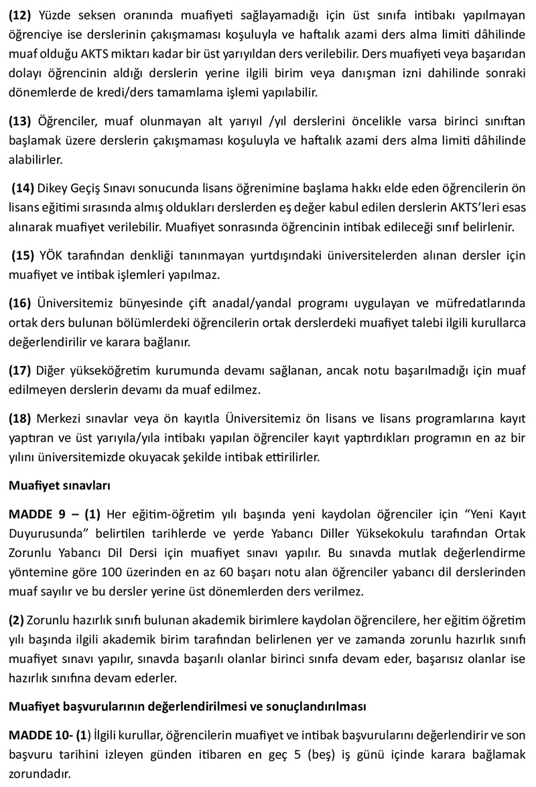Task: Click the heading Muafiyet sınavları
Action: click(60, 485)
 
